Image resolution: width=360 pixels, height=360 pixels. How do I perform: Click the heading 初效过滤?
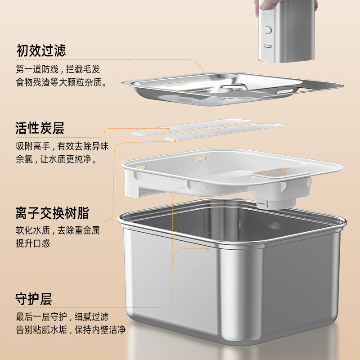(41, 50)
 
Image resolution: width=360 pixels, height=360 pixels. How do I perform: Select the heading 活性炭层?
(40, 128)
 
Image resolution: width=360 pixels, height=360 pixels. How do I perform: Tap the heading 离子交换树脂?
(52, 213)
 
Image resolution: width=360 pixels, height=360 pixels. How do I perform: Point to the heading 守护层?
(33, 299)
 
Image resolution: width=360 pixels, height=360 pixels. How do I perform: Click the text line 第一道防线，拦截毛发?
(58, 69)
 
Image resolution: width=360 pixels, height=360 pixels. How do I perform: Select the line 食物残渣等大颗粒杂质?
(61, 82)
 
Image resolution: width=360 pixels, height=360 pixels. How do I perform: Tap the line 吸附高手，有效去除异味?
(62, 146)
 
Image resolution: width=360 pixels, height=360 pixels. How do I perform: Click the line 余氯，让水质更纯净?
(56, 159)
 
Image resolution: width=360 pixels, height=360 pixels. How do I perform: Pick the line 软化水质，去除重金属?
(58, 230)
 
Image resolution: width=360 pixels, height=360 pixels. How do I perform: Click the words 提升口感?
(33, 243)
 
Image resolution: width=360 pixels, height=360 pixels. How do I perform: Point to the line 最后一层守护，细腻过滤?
(62, 317)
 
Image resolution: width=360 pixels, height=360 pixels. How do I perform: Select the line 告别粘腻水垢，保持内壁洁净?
(71, 330)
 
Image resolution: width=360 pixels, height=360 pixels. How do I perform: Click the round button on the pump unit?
(267, 30)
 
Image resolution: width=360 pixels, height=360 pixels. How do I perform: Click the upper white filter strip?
(192, 127)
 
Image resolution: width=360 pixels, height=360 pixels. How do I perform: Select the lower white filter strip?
(225, 132)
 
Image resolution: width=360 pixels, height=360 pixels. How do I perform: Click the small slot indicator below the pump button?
(267, 46)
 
